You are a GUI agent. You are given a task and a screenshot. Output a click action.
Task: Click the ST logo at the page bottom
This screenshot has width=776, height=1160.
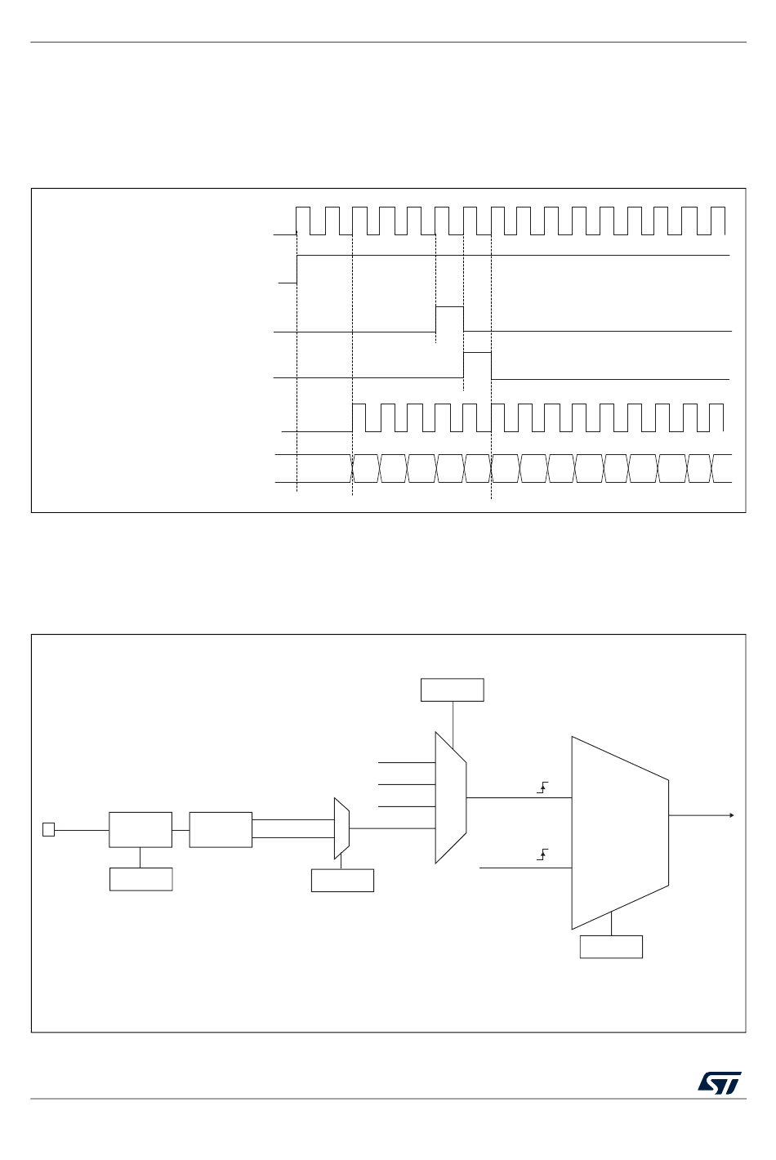pyautogui.click(x=720, y=1082)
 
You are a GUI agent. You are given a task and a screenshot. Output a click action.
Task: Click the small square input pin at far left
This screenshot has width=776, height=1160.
pyautogui.click(x=48, y=830)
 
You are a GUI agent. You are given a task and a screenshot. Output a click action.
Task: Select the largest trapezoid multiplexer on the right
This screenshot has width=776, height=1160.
pyautogui.click(x=619, y=832)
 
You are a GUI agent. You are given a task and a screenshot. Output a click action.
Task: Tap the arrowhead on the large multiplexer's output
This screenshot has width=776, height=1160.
pyautogui.click(x=731, y=815)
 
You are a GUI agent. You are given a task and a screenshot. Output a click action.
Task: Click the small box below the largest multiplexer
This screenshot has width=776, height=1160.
pyautogui.click(x=611, y=947)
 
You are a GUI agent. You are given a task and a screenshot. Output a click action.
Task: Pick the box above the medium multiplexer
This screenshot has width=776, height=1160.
pyautogui.click(x=452, y=689)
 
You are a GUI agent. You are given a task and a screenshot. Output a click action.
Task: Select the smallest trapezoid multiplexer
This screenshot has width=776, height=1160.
pyautogui.click(x=341, y=828)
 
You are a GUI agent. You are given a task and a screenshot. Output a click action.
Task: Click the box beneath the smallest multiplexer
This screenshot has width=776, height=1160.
pyautogui.click(x=342, y=880)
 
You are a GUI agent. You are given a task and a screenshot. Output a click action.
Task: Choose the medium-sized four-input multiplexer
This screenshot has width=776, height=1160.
pyautogui.click(x=450, y=796)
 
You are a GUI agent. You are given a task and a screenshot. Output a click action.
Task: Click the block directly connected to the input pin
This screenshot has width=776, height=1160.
pyautogui.click(x=140, y=829)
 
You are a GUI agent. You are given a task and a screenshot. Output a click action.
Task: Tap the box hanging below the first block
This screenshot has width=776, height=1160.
pyautogui.click(x=140, y=879)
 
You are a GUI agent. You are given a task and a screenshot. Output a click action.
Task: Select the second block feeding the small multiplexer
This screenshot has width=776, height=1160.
pyautogui.click(x=221, y=829)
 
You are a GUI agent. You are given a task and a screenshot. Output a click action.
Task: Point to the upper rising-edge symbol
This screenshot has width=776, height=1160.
pyautogui.click(x=542, y=787)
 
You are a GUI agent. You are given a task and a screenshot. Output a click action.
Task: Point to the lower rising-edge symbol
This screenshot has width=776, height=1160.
pyautogui.click(x=542, y=854)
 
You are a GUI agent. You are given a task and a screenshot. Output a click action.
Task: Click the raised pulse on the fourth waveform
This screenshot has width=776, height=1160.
pyautogui.click(x=477, y=364)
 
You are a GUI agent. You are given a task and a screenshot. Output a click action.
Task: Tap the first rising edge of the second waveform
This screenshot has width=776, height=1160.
pyautogui.click(x=297, y=269)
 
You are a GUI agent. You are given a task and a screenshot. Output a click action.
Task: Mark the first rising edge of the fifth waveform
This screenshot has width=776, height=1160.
pyautogui.click(x=352, y=417)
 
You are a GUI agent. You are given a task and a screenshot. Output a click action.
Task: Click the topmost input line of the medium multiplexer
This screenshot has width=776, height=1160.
pyautogui.click(x=406, y=762)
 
